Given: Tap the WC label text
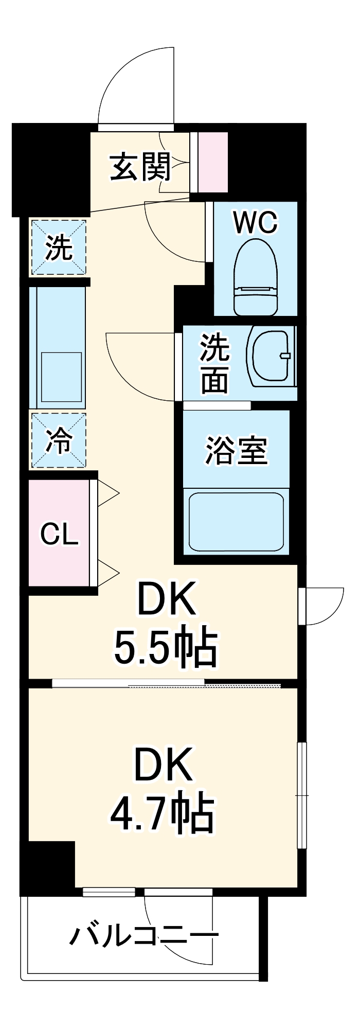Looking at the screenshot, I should [255, 222].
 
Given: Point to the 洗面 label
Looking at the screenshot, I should [214, 363].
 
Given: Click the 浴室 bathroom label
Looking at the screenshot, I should [236, 450].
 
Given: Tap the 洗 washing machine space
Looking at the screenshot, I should [59, 247].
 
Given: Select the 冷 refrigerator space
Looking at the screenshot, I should [59, 440].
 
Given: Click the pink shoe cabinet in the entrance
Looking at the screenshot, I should [213, 162].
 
